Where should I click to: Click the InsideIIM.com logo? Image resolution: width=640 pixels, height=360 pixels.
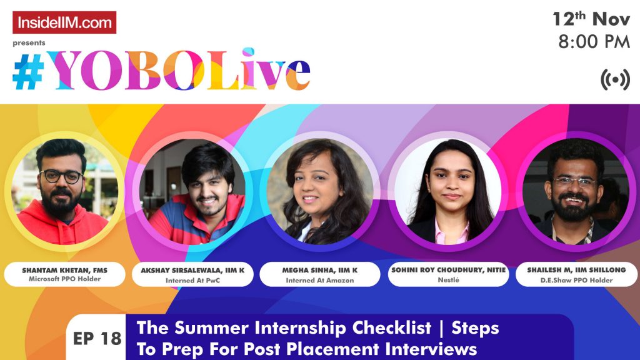[64, 22]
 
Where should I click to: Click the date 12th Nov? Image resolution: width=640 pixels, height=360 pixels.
[591, 19]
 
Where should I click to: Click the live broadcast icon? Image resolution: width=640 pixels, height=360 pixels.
[615, 80]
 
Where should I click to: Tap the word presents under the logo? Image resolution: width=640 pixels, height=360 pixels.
[29, 43]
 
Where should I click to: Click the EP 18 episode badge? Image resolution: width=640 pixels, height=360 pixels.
[96, 339]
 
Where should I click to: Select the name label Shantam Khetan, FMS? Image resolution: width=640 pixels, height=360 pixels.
[65, 270]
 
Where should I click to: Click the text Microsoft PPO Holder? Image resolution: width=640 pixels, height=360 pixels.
[65, 279]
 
